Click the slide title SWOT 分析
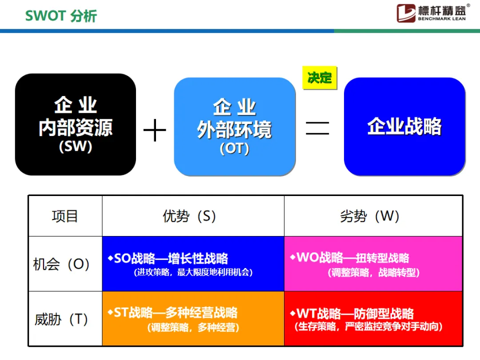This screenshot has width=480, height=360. tap(61, 16)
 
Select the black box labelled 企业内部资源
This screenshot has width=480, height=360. tap(76, 124)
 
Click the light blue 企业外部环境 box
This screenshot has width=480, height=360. tap(235, 127)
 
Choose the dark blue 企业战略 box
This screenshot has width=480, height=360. tap(404, 127)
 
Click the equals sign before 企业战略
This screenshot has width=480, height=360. tap(317, 128)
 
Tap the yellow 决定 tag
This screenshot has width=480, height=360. tap(320, 78)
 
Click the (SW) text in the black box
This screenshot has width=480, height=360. tap(76, 147)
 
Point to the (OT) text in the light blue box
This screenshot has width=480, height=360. tap(234, 149)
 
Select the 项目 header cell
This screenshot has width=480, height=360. tap(65, 216)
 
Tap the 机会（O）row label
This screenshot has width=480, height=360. tap(62, 264)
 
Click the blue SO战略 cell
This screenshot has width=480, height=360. tap(193, 264)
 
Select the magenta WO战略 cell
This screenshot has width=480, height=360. tap(373, 264)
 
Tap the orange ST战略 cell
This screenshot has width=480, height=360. tap(193, 319)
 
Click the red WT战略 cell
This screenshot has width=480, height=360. tap(373, 319)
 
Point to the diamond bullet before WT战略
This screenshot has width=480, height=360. tap(292, 313)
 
